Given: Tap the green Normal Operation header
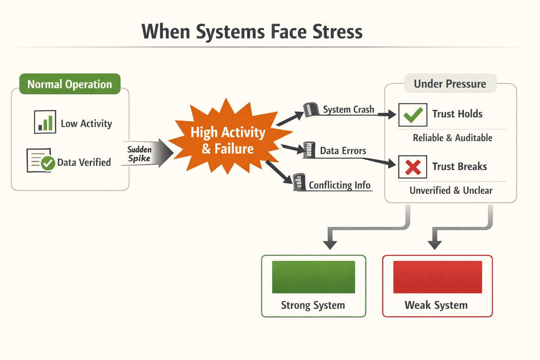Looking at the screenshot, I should coord(70,84).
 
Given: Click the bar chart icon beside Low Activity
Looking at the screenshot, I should coord(45,122).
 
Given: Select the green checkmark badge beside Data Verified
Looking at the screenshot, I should coord(48,163).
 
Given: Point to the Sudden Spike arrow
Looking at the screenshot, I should coord(148,154).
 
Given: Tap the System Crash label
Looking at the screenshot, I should coord(348,110).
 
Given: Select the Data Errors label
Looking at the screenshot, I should coord(343,151).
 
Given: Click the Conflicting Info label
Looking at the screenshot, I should coord(339,185).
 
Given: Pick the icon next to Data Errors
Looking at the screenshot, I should coord(309,150).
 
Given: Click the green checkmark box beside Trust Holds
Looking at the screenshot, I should coord(413,115).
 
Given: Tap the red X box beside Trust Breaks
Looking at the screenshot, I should coord(413,167).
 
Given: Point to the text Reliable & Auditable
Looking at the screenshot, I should coord(452,138).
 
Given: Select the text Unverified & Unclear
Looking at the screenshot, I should coord(451,191).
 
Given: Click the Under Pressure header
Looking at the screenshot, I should coord(450,84).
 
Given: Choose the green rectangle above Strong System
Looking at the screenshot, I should coord(313,277).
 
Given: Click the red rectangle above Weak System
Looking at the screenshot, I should coord(437,277).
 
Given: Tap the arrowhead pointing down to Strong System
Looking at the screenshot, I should coord(330,245).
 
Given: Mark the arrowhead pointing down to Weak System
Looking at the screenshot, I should coord(435,245).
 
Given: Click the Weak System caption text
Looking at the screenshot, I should coord(436,305).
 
